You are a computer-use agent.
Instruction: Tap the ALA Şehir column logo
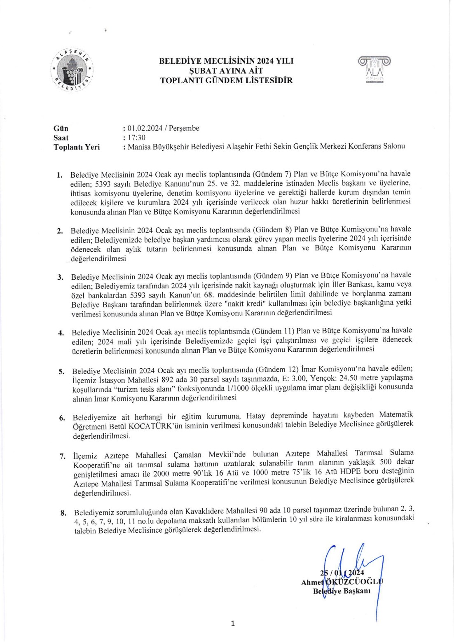(374, 69)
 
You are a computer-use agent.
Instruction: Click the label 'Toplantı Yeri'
(77, 147)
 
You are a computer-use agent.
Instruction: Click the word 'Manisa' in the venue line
(139, 147)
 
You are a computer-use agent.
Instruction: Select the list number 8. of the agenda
(63, 513)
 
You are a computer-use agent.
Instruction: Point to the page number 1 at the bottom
(233, 624)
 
